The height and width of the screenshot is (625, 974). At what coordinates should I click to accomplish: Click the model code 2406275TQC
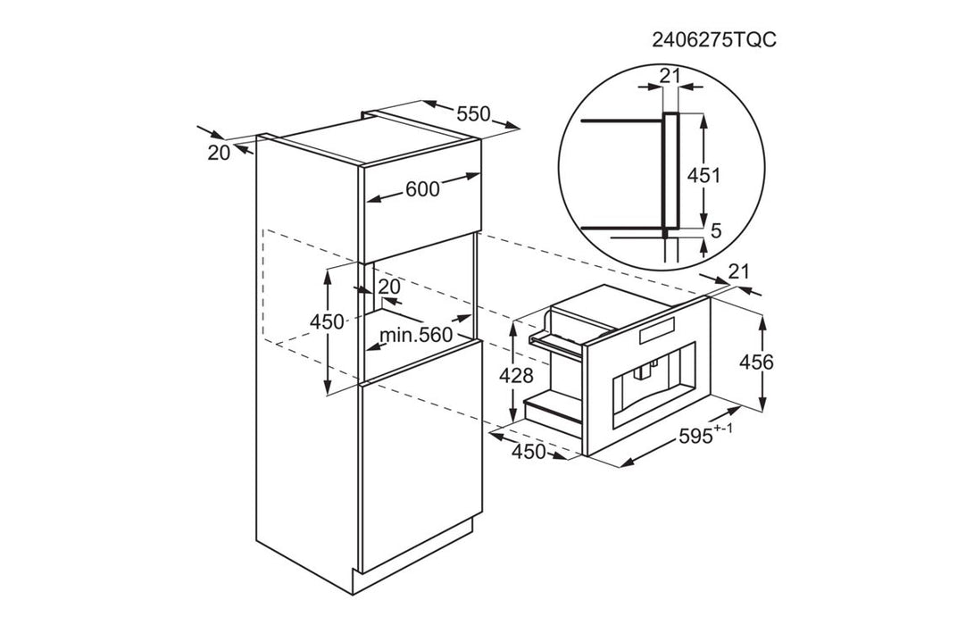(713, 40)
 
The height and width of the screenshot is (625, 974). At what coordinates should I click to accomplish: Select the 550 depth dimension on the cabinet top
(473, 113)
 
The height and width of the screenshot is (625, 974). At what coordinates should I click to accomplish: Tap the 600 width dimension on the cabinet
(422, 189)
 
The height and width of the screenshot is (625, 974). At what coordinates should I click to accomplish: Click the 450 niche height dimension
(327, 321)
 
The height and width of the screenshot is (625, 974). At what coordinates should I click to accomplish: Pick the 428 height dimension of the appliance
(516, 375)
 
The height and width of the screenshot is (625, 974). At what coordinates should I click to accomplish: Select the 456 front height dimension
(756, 362)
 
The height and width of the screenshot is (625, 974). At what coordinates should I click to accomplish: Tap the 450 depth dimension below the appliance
(528, 452)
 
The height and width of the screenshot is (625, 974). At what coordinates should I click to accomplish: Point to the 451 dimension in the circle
(703, 176)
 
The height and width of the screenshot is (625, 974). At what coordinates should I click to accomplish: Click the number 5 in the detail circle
(716, 231)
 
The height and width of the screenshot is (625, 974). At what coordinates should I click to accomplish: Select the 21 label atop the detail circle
(670, 76)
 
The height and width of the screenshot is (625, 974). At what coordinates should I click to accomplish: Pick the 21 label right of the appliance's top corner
(738, 271)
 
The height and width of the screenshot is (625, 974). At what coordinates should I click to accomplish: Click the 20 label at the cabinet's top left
(219, 152)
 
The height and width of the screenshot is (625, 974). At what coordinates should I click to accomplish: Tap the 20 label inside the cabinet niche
(389, 287)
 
